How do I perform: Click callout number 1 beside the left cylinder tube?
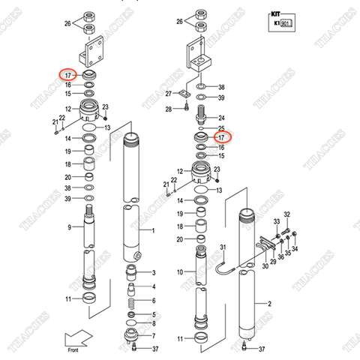tap(153, 231)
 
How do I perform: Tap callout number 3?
tap(153, 272)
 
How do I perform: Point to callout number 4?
tap(153, 286)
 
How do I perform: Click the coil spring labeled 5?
tap(132, 303)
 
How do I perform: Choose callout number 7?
tap(153, 336)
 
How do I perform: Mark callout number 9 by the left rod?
tap(68, 227)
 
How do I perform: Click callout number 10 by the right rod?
tap(179, 271)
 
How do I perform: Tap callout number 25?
tap(220, 129)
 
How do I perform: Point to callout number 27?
tap(169, 94)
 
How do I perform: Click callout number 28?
tap(169, 109)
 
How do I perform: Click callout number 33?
tap(275, 222)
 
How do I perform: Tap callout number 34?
tap(295, 250)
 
